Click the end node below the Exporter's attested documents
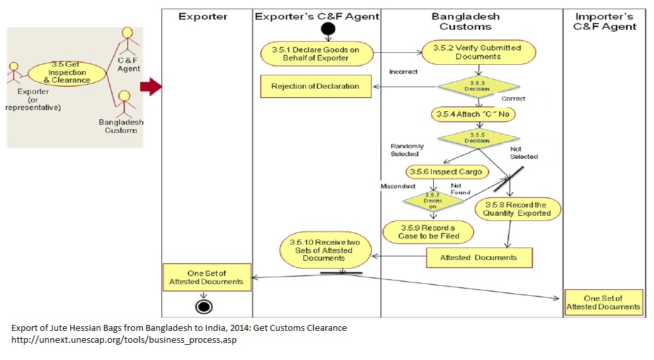204,306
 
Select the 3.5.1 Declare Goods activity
317,54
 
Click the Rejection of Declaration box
316,86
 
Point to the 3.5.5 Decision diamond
479,138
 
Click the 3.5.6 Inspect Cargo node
448,172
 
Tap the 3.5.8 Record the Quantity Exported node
518,209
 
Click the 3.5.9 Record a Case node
429,232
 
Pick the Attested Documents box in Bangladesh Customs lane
479,257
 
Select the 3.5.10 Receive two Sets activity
325,250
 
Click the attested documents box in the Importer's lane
604,301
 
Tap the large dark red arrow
151,86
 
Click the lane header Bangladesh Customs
471,21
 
